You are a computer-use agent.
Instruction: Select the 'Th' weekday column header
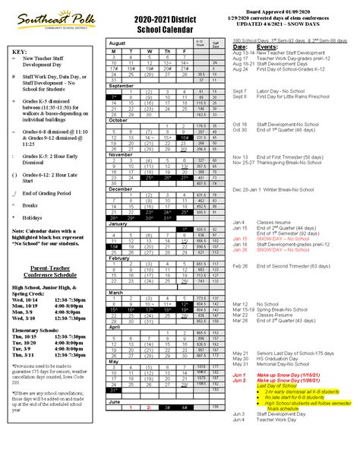tap(166, 50)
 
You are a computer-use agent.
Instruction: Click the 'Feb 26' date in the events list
tap(241, 266)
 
